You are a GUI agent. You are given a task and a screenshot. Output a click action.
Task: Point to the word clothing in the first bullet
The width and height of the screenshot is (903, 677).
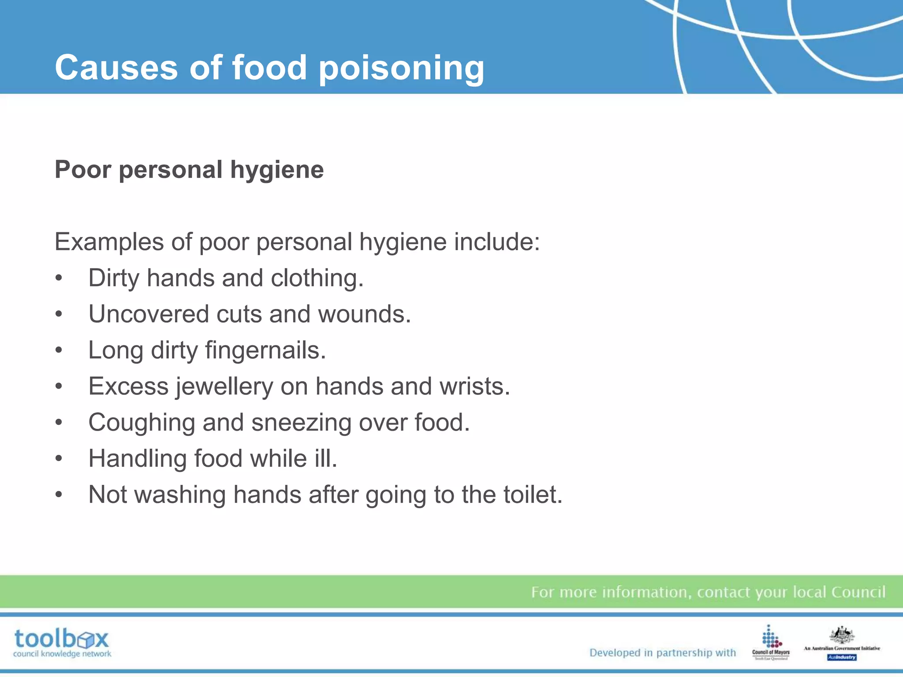click(x=317, y=278)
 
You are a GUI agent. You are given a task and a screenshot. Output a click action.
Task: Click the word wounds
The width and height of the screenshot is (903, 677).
click(x=364, y=314)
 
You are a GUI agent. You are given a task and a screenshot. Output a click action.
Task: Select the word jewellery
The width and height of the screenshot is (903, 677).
click(x=225, y=387)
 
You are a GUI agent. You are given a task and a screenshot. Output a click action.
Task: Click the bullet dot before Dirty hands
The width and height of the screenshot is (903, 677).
click(x=59, y=279)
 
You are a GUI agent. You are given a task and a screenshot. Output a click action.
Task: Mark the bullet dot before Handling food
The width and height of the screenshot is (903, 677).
click(x=59, y=459)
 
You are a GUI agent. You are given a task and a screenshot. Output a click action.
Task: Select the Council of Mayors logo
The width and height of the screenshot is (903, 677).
click(x=771, y=642)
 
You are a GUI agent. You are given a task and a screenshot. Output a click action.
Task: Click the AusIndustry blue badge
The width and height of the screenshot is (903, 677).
click(x=842, y=657)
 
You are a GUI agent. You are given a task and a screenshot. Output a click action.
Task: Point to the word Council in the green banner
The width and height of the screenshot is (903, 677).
click(x=858, y=592)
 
